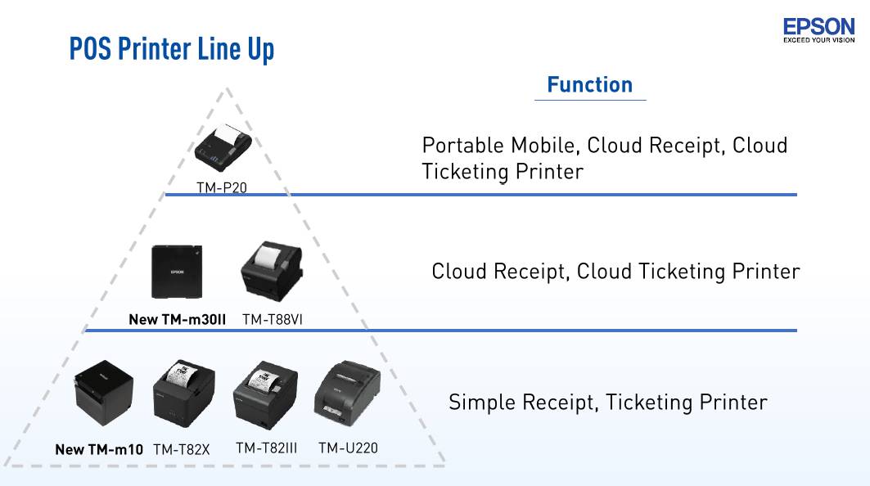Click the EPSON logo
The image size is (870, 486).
(818, 29)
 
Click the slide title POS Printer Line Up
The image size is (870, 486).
(172, 48)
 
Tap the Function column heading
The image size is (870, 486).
(589, 85)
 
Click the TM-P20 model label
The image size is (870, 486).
(221, 187)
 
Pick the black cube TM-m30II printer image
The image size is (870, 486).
(176, 272)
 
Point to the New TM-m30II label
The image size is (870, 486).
(177, 319)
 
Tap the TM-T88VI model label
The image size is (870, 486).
(273, 319)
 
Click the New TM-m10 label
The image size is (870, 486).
(99, 449)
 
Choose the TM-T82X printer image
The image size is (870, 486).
(184, 399)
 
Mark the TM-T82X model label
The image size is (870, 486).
(181, 449)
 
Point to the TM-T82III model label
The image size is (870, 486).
(266, 448)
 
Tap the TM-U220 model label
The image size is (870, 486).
(348, 448)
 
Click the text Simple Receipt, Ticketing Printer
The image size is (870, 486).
(607, 403)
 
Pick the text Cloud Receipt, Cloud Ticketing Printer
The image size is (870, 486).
(615, 272)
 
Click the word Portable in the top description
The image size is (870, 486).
(462, 146)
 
